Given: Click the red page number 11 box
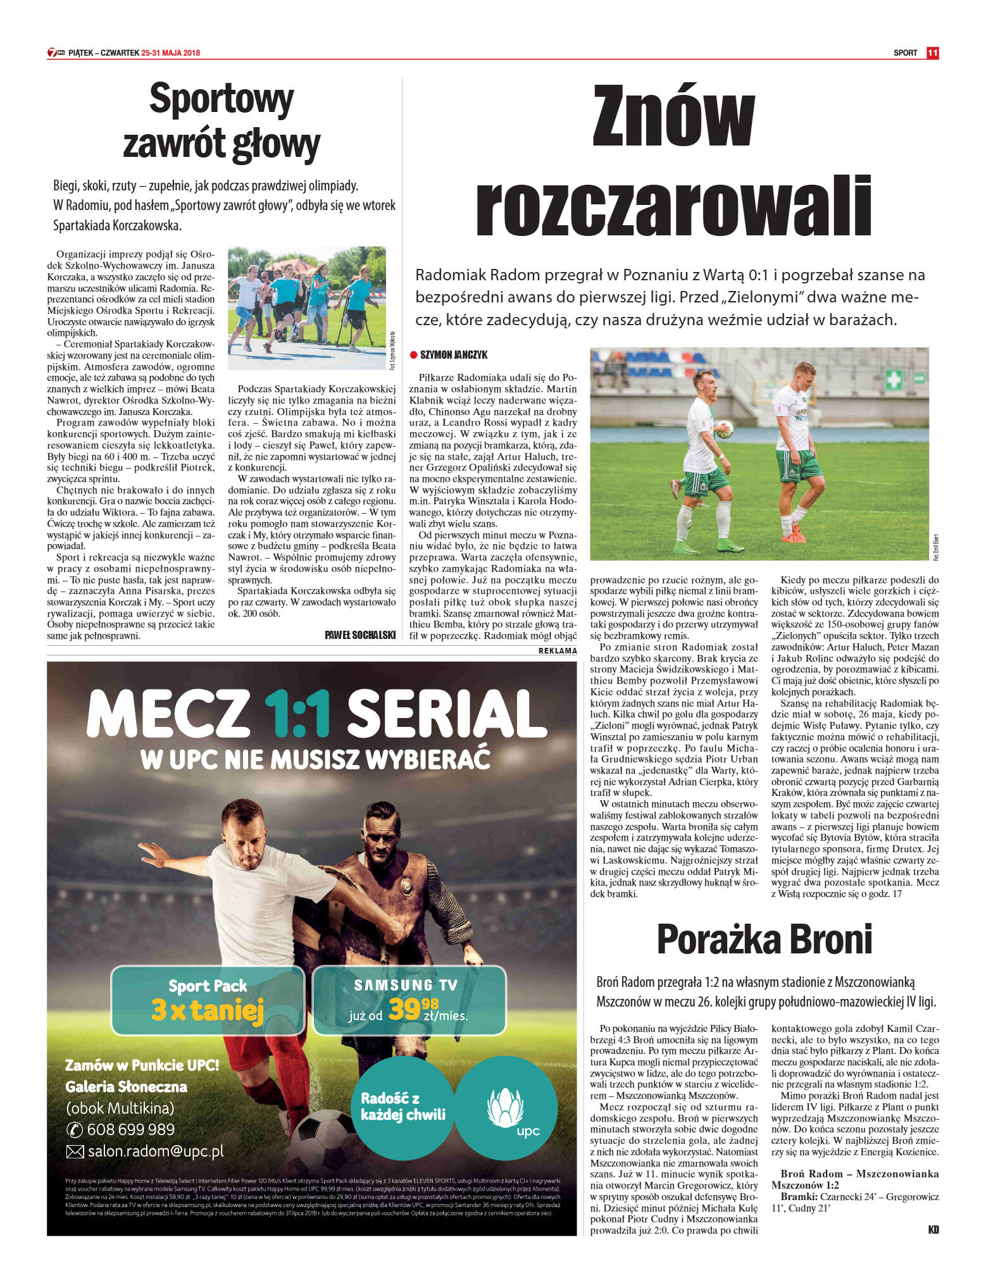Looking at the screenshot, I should [932, 53].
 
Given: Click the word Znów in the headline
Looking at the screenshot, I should [673, 116].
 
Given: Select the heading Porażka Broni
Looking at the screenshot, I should [764, 939].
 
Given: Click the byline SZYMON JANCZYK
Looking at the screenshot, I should [454, 355].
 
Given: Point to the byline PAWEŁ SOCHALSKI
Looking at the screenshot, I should [359, 635].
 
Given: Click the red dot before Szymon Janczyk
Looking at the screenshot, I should [414, 355].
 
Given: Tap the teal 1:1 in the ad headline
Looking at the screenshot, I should [297, 714].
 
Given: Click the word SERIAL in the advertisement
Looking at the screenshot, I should [446, 714].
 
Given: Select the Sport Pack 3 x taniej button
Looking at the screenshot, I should [208, 1000].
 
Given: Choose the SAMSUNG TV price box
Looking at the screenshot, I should [409, 1000].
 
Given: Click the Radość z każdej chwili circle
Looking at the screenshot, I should [403, 1106].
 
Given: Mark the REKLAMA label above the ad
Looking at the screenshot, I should [558, 650].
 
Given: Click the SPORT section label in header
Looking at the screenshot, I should [905, 53].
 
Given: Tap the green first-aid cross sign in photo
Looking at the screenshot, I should [893, 380].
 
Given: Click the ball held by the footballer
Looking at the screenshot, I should [724, 429].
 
